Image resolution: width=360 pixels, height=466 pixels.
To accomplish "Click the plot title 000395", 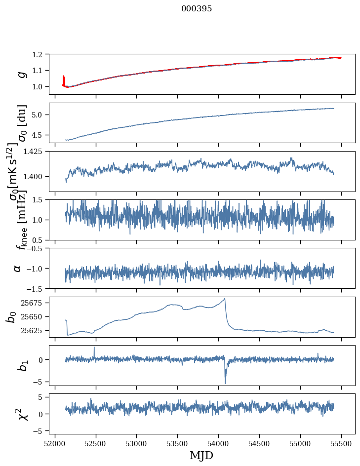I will click(197, 9).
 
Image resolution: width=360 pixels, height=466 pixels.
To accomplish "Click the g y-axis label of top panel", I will click(21, 74).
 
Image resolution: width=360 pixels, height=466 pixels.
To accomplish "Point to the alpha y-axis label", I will click(18, 268).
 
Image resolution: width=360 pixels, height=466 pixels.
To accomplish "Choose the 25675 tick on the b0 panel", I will click(34, 303).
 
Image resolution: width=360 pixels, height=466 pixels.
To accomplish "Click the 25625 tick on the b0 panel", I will click(34, 330).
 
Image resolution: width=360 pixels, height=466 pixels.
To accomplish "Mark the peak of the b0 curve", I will click(225, 299).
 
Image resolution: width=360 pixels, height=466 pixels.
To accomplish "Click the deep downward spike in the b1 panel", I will click(225, 383).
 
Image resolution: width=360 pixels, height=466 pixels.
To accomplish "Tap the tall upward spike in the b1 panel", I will click(94, 347).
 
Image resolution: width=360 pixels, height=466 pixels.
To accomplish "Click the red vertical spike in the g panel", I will click(63, 79).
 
